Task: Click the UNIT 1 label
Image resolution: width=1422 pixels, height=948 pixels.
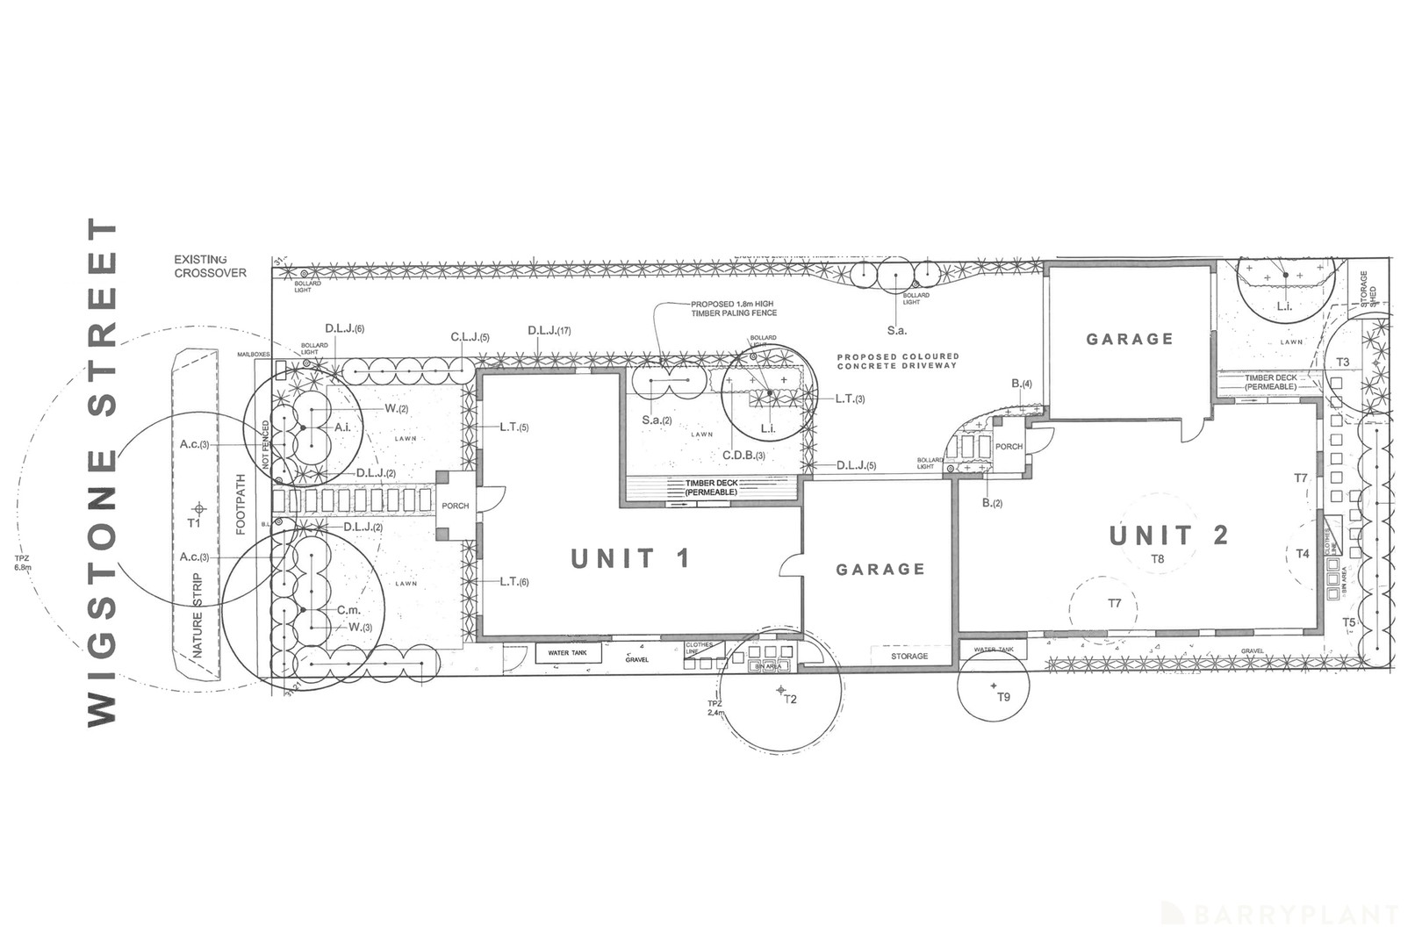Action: point(630,558)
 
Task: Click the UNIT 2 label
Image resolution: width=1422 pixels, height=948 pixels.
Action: point(1167,535)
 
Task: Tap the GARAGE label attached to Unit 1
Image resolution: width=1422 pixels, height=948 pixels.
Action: point(880,570)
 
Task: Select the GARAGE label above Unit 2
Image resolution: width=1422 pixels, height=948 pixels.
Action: point(1129,339)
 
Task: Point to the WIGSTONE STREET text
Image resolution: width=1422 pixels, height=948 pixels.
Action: point(103,474)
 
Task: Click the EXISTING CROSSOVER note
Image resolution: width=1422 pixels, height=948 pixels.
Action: point(210,266)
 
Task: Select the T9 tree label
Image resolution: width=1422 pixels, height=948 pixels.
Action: point(1003,697)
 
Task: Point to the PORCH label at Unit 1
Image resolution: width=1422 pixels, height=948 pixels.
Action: point(455,506)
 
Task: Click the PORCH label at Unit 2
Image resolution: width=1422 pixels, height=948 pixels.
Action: point(1009,447)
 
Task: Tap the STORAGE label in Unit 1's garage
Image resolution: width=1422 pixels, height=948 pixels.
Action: point(908,657)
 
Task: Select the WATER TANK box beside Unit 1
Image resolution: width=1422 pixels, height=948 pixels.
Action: point(568,653)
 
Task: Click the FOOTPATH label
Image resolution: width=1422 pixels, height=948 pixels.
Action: point(241,505)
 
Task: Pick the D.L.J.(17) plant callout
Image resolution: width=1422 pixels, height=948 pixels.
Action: point(549,331)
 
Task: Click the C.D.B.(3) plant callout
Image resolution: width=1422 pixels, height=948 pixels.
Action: point(743,456)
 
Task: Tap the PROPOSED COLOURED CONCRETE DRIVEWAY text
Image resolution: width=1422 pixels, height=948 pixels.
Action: point(897,361)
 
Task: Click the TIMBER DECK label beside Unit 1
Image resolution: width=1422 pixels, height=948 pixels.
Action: point(711,487)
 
